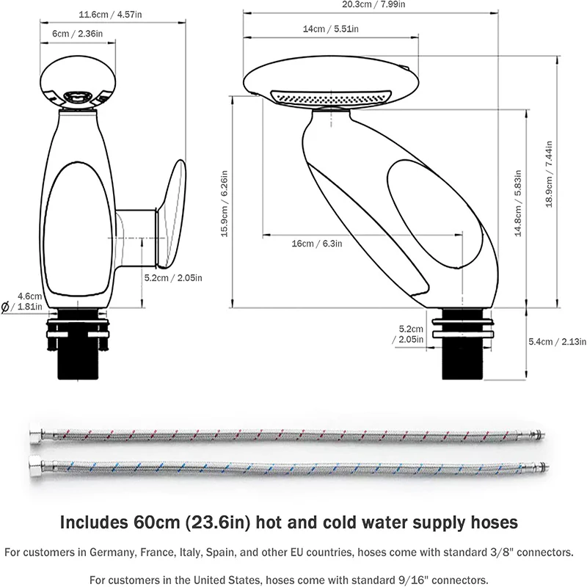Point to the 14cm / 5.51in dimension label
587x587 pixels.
pos(331,29)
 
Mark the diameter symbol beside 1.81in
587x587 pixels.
pos(6,307)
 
